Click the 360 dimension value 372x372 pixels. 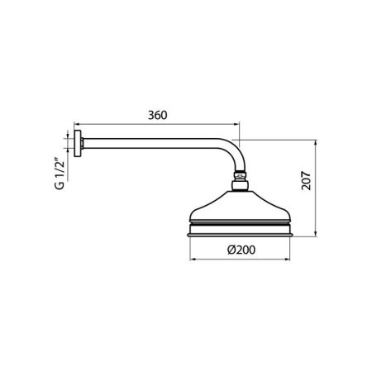point(159,114)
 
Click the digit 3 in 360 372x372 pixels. point(150,114)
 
